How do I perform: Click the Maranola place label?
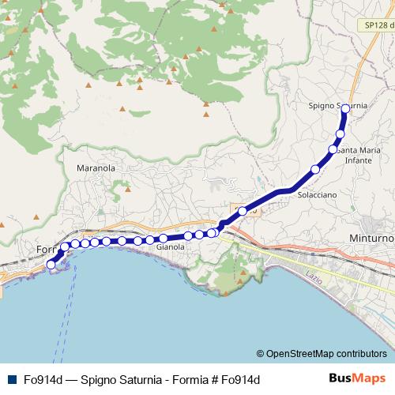[96, 168]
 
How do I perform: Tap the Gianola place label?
[171, 247]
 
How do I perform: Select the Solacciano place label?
[317, 194]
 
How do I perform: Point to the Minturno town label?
[374, 238]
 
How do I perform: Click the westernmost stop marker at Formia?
[52, 265]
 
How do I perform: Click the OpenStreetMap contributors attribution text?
[326, 354]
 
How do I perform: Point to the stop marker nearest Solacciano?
[315, 169]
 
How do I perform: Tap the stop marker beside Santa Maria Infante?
[333, 149]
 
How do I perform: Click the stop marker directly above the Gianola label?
[164, 238]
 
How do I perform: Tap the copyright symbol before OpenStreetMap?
[260, 354]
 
